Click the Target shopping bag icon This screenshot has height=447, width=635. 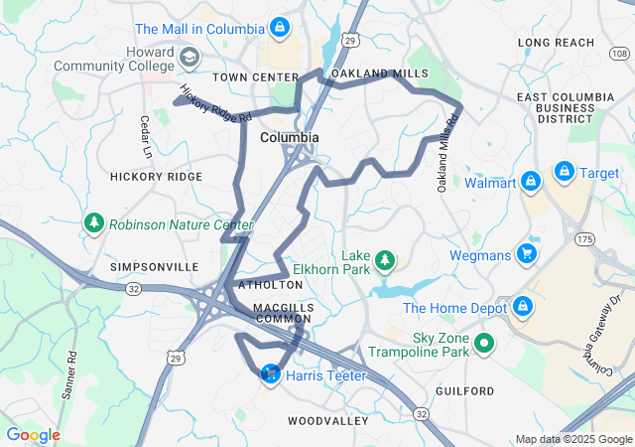point(565,172)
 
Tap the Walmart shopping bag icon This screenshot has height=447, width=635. point(531,182)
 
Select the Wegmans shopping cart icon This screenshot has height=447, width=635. point(526,254)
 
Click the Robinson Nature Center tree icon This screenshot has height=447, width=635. point(95,223)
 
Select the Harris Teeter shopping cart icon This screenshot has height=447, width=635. point(270,375)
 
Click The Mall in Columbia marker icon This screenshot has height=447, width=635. point(280,28)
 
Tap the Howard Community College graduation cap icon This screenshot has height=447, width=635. point(187,60)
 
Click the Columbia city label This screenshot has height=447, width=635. point(290,137)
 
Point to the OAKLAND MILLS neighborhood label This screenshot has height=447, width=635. point(379,74)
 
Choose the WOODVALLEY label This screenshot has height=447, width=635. point(328,421)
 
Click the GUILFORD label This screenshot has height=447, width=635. point(463,391)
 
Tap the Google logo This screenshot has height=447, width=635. point(33,435)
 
